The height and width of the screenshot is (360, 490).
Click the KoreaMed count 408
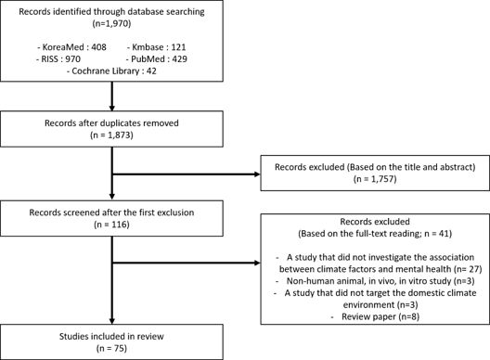coord(98,47)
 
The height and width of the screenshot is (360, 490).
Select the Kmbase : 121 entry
coord(156,47)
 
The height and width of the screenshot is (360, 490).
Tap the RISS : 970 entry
coord(58,59)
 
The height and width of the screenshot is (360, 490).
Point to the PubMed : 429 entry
coord(157,59)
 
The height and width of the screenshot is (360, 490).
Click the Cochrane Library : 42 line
coord(111,71)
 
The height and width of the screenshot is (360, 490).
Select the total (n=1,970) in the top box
coord(111,23)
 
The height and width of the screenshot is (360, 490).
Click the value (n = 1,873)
coord(111,135)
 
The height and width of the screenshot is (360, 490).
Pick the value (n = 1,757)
coord(375,179)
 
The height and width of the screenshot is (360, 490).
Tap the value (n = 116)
coord(111,225)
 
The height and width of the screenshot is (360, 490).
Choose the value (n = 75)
coord(111,348)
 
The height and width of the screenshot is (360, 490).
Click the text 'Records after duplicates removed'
coord(111,123)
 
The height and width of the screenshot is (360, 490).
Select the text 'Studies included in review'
coord(111,336)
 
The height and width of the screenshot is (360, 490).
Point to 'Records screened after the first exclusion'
coord(111,212)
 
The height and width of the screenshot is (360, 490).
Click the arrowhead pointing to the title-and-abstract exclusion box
coord(258,174)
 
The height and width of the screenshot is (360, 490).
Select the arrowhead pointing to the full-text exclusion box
coord(258,263)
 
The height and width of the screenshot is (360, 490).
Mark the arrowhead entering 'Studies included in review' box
coord(112,321)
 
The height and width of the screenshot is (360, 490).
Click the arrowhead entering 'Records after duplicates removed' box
coord(112,109)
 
